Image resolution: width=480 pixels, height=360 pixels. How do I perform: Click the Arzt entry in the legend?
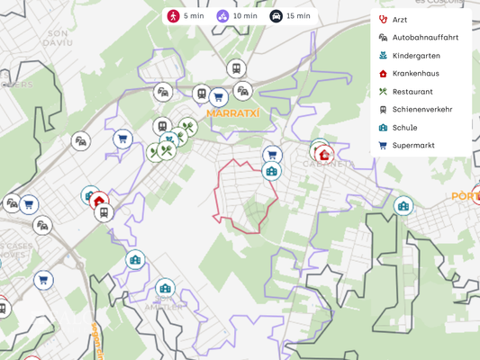tap(400, 20)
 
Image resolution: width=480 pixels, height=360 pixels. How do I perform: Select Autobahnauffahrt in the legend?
tap(424, 38)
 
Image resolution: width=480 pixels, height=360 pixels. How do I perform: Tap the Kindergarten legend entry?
tap(415, 56)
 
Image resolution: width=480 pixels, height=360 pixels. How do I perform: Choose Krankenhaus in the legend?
tap(415, 74)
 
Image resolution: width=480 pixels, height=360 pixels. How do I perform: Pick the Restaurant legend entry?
tap(412, 92)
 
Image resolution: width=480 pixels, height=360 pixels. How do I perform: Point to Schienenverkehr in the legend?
tap(421, 110)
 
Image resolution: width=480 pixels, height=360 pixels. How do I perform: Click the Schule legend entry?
tap(404, 128)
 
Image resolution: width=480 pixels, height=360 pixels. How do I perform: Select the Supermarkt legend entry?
tap(412, 145)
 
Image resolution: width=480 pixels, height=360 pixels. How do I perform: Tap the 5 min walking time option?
tap(186, 16)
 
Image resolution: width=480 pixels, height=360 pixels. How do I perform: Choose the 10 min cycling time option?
tap(237, 16)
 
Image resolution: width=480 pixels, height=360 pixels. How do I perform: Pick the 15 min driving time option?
tap(290, 16)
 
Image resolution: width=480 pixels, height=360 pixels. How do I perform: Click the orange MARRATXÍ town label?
tap(232, 113)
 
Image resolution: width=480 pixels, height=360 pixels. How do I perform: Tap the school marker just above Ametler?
tap(164, 288)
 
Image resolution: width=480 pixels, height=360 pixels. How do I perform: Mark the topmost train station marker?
tap(236, 68)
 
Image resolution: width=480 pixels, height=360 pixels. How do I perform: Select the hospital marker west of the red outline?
tap(99, 201)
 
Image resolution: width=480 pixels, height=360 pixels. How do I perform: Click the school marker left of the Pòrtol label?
tap(403, 206)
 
